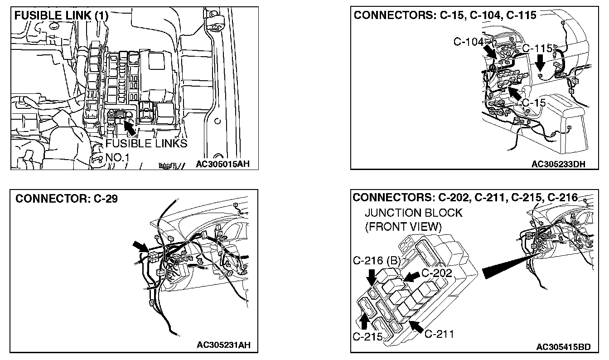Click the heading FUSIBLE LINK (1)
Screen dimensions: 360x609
pyautogui.click(x=62, y=15)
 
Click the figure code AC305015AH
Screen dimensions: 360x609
pyautogui.click(x=223, y=164)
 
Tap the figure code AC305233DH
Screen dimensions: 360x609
pyautogui.click(x=558, y=164)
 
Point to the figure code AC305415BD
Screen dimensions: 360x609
pyautogui.click(x=563, y=347)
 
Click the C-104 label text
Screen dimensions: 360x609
pyautogui.click(x=469, y=42)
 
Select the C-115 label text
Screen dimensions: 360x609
pyautogui.click(x=537, y=49)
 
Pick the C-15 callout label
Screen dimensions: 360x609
pyautogui.click(x=533, y=103)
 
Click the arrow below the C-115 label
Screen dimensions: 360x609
pyautogui.click(x=540, y=63)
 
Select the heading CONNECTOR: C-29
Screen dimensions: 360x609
pyautogui.click(x=67, y=199)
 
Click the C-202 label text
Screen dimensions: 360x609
pyautogui.click(x=437, y=273)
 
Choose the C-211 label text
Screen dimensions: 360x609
pyautogui.click(x=439, y=334)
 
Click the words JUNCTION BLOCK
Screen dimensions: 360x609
pyautogui.click(x=414, y=213)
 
